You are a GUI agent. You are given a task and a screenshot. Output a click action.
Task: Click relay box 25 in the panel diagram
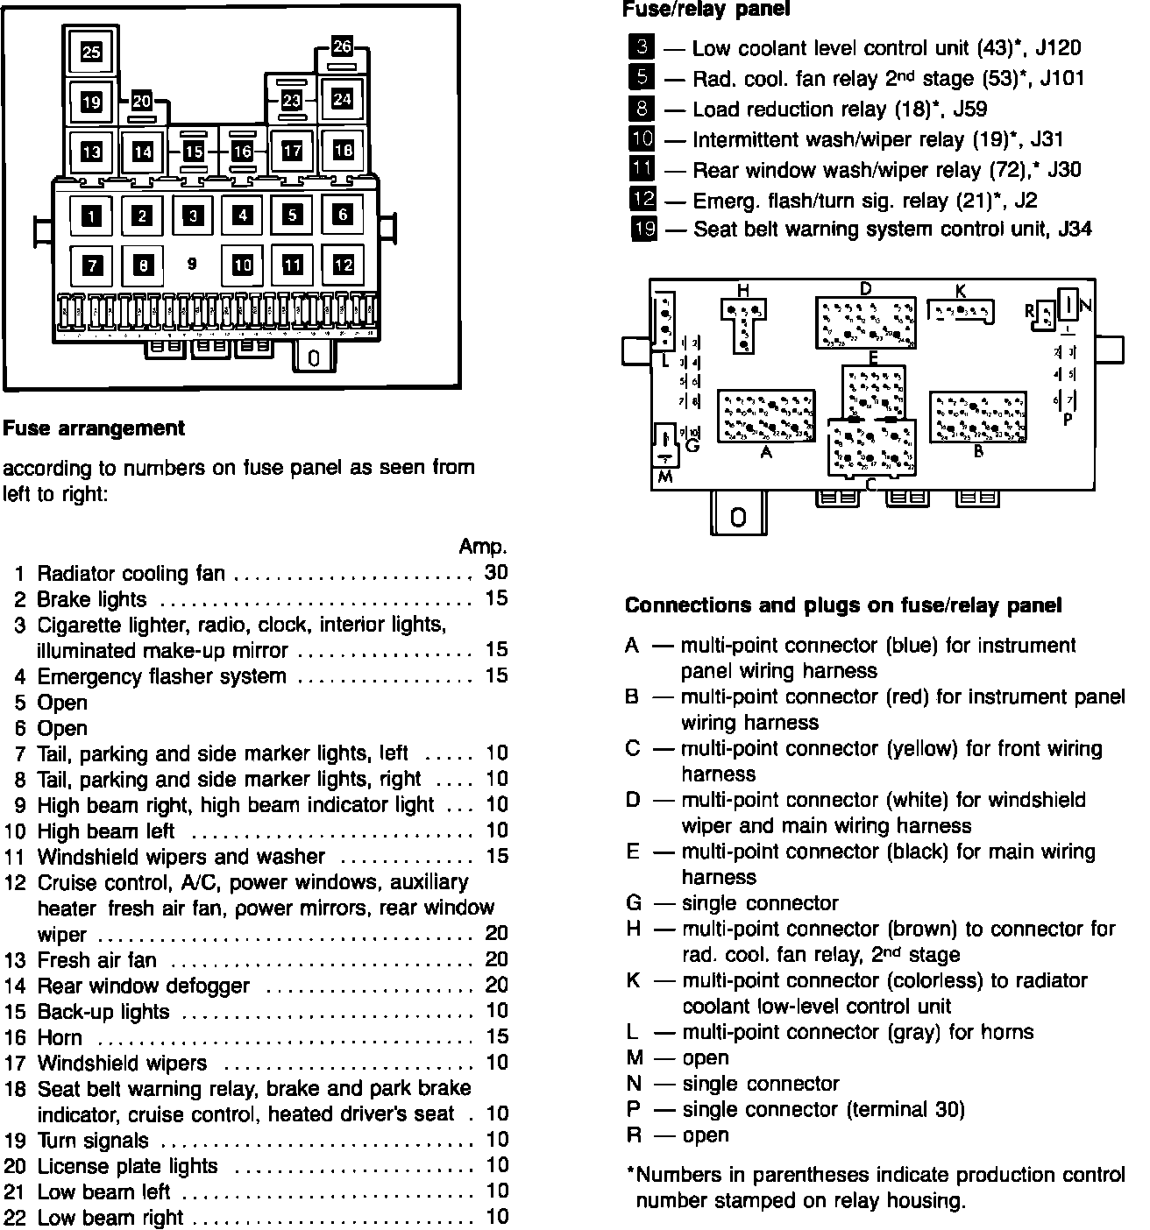91,53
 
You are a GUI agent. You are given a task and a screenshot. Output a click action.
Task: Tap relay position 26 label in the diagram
342,46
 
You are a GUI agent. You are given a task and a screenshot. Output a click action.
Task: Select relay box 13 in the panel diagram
91,152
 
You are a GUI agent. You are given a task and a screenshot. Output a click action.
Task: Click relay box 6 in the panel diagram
343,214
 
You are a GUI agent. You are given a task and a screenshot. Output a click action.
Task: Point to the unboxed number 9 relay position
192,263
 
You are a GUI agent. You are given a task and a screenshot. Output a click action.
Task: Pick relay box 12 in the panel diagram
343,264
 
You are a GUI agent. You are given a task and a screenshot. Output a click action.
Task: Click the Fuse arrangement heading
94,428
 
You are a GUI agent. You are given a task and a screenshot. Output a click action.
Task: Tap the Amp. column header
483,547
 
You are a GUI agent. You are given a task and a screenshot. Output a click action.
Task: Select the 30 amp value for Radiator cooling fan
495,573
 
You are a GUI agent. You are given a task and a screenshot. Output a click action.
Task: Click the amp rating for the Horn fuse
496,1036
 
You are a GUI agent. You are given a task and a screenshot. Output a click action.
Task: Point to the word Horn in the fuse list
60,1037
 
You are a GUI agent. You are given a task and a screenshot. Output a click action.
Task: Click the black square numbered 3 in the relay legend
642,47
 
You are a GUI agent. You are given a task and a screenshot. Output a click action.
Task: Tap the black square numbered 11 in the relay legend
642,169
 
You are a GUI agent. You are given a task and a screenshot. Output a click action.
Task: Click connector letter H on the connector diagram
742,290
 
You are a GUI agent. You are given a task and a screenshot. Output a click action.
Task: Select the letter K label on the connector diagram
960,290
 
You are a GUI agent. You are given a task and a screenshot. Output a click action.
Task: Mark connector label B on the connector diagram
978,452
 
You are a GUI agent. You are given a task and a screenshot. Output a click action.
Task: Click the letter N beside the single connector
1086,306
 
